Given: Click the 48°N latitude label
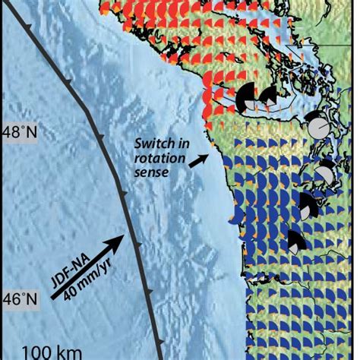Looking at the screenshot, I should point(19,131).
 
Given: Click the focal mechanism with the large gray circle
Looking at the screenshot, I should point(319,123).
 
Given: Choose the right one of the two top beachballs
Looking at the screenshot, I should point(267,96).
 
